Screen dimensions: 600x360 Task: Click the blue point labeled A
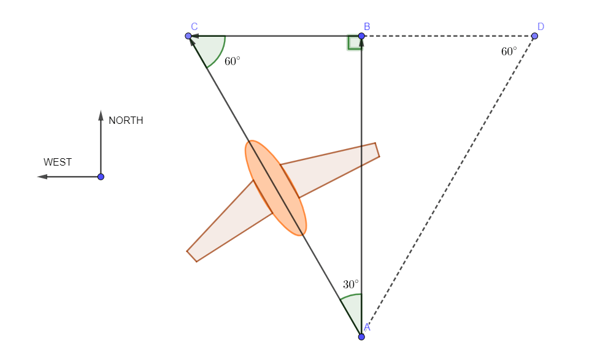[361, 337]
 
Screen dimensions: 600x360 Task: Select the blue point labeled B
[361, 36]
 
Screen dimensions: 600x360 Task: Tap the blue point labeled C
[188, 36]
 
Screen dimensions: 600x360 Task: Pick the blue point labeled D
[534, 36]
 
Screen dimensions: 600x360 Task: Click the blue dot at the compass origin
[101, 177]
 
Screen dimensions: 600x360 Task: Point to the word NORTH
[126, 121]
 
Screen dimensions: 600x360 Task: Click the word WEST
[58, 163]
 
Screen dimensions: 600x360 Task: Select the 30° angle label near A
[351, 285]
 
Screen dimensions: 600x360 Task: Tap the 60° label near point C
[232, 61]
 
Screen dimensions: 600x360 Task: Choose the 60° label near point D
[509, 52]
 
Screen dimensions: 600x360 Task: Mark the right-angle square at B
[355, 42]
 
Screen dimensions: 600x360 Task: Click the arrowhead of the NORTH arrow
[101, 115]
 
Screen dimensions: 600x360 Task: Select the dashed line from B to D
[448, 36]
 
